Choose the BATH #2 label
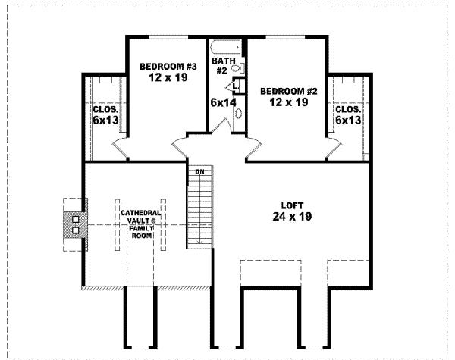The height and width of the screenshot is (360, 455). click(221, 65)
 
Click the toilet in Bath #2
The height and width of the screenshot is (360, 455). click(237, 69)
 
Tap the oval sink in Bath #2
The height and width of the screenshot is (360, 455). click(239, 114)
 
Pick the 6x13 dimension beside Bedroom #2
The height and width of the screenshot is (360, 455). click(347, 120)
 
